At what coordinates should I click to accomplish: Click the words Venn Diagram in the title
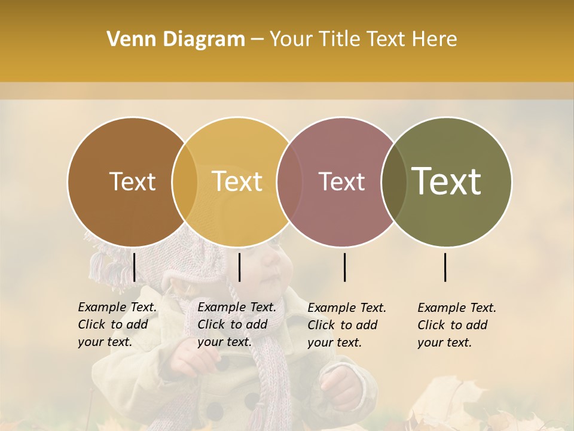[176, 40]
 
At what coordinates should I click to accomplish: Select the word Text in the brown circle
[132, 181]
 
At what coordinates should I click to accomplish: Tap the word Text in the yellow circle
[237, 181]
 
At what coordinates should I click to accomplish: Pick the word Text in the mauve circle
[341, 181]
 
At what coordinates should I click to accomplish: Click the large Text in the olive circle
[447, 181]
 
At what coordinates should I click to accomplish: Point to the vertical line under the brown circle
[134, 267]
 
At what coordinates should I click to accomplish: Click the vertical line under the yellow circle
[239, 267]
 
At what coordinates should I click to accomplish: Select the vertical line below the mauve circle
[344, 267]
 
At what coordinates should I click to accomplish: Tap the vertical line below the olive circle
[445, 267]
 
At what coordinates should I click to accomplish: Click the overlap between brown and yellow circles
[185, 181]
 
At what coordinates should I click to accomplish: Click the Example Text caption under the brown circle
[117, 324]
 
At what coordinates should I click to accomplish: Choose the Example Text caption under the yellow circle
[237, 324]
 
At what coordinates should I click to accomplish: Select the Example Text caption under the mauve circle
[347, 325]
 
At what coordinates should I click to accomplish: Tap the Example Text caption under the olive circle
[457, 325]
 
